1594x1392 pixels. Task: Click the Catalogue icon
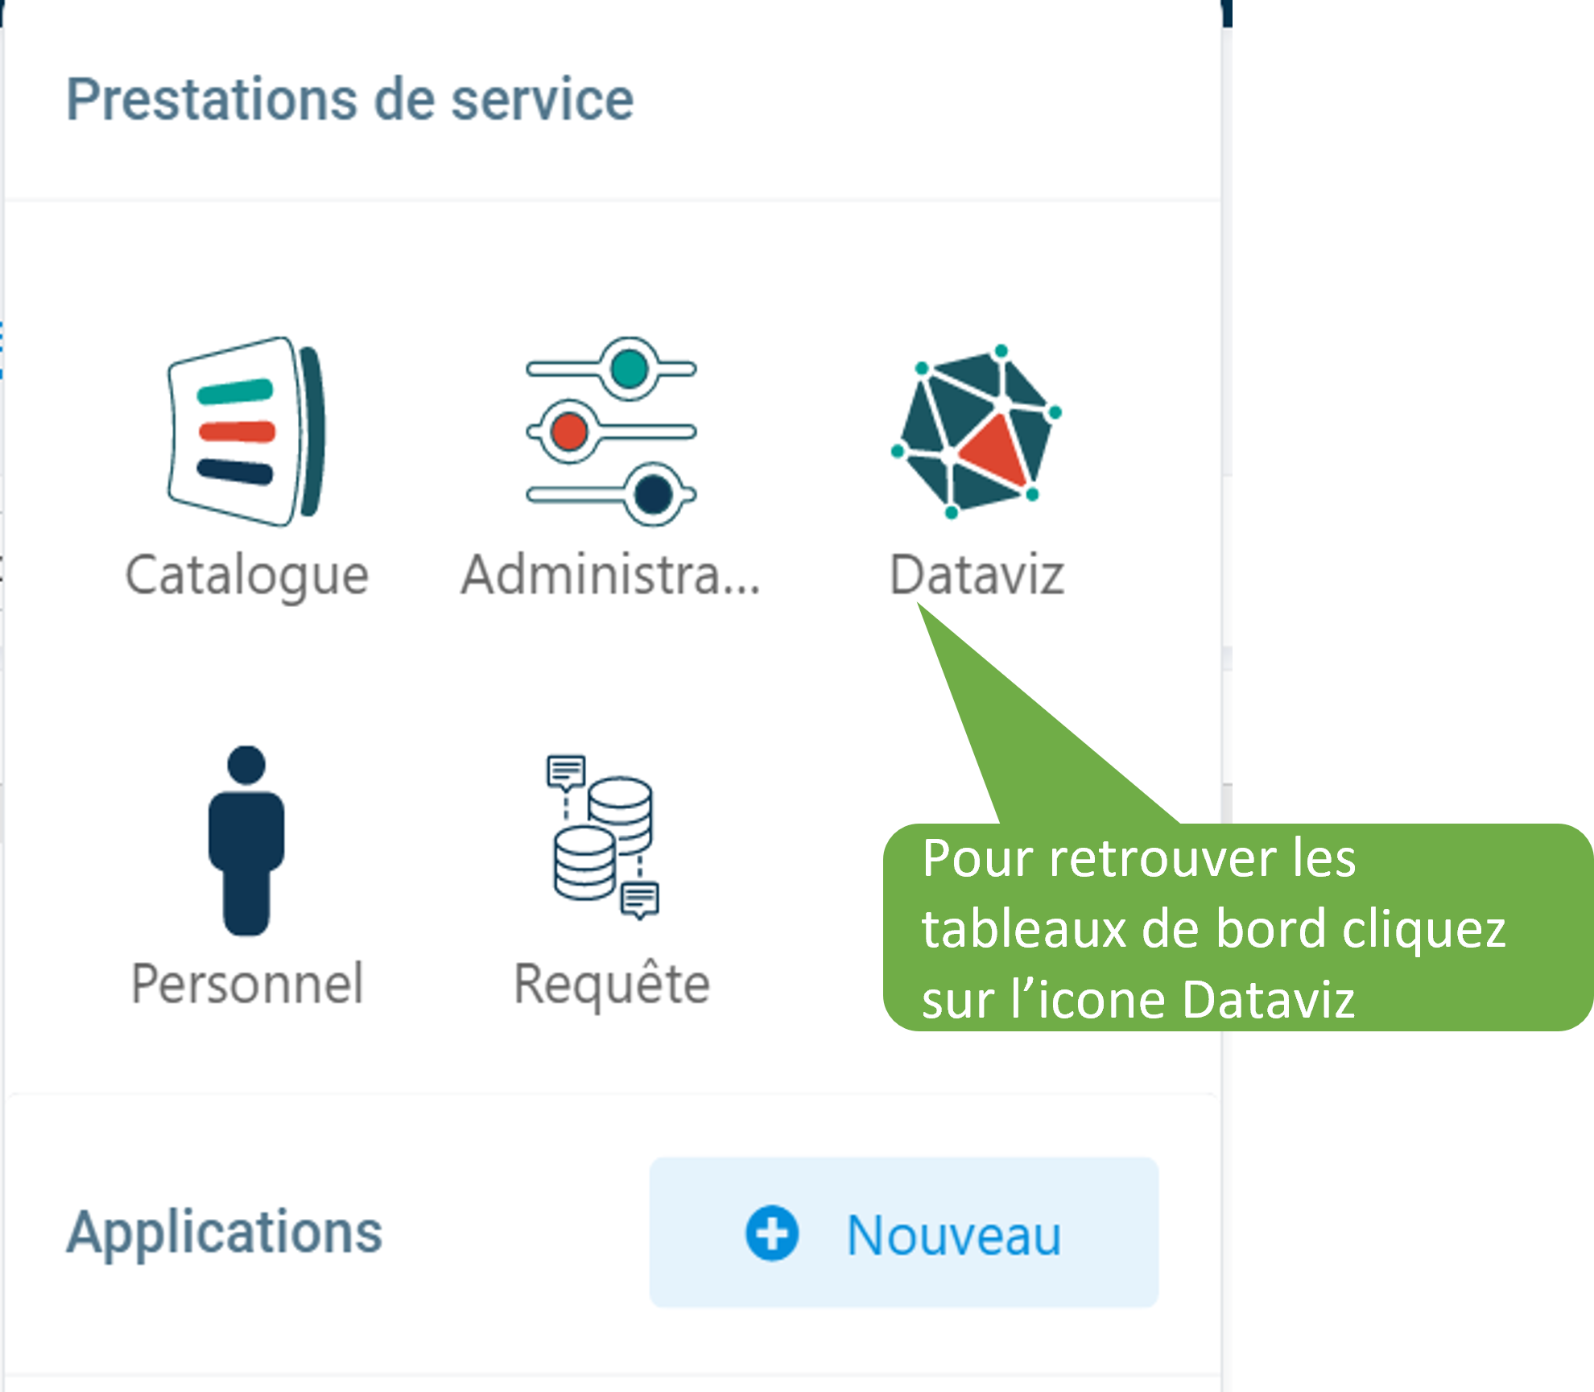click(246, 432)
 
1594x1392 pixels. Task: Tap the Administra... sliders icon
click(611, 432)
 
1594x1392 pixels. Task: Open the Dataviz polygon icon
click(977, 432)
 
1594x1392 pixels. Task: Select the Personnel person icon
click(246, 841)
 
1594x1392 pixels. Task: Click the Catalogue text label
click(247, 576)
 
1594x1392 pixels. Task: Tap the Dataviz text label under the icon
click(977, 575)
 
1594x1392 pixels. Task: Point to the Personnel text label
click(247, 984)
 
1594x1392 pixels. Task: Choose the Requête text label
click(612, 984)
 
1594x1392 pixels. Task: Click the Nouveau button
click(904, 1233)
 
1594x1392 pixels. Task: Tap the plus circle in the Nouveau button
click(772, 1233)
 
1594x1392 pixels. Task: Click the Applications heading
click(224, 1233)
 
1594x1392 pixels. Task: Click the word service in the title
click(543, 100)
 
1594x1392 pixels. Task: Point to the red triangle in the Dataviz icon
click(994, 451)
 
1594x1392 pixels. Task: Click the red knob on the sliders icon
click(569, 432)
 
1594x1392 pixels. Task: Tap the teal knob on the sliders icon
click(629, 369)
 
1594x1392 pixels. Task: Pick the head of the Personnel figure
click(246, 765)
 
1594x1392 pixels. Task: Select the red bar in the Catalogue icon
click(237, 432)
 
